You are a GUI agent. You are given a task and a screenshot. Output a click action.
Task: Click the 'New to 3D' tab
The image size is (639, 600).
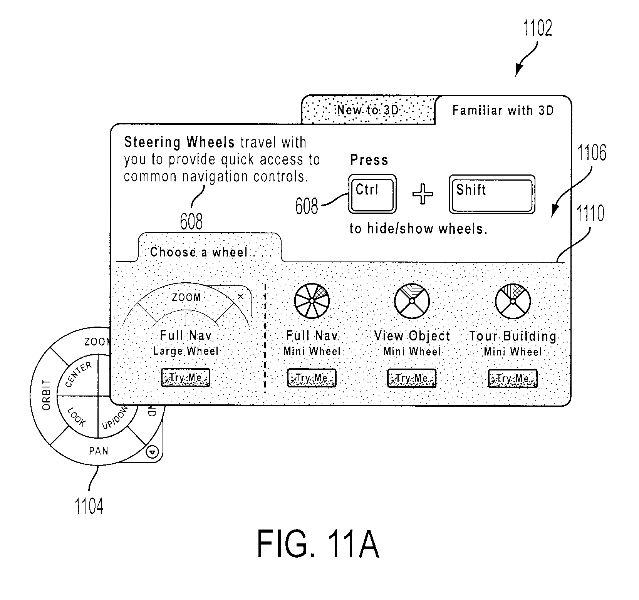[368, 110]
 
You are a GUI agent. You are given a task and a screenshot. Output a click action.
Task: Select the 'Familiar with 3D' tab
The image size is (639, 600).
[503, 111]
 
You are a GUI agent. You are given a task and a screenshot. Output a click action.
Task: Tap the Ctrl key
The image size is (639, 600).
[372, 194]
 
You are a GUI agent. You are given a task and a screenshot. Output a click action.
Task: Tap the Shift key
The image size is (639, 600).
[492, 194]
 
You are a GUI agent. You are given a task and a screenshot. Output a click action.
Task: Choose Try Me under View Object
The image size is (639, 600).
[412, 378]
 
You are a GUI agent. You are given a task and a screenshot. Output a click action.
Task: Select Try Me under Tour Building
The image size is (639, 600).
[512, 379]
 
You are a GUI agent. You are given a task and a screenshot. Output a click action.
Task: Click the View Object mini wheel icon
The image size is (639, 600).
[412, 301]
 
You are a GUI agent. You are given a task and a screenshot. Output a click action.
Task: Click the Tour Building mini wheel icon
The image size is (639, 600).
[512, 301]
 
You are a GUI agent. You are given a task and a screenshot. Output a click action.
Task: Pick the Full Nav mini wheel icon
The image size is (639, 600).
[312, 301]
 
